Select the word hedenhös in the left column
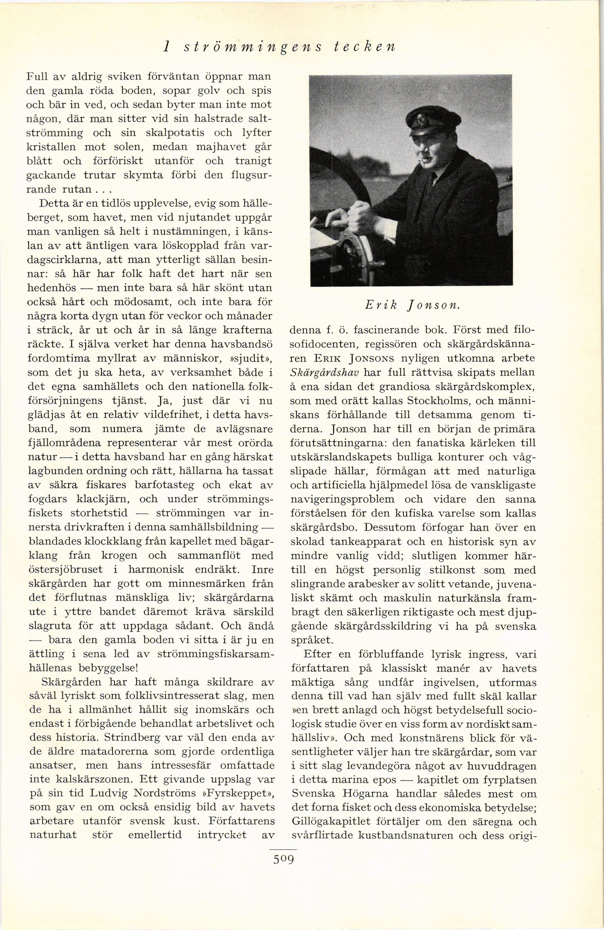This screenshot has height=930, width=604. [x=51, y=288]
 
